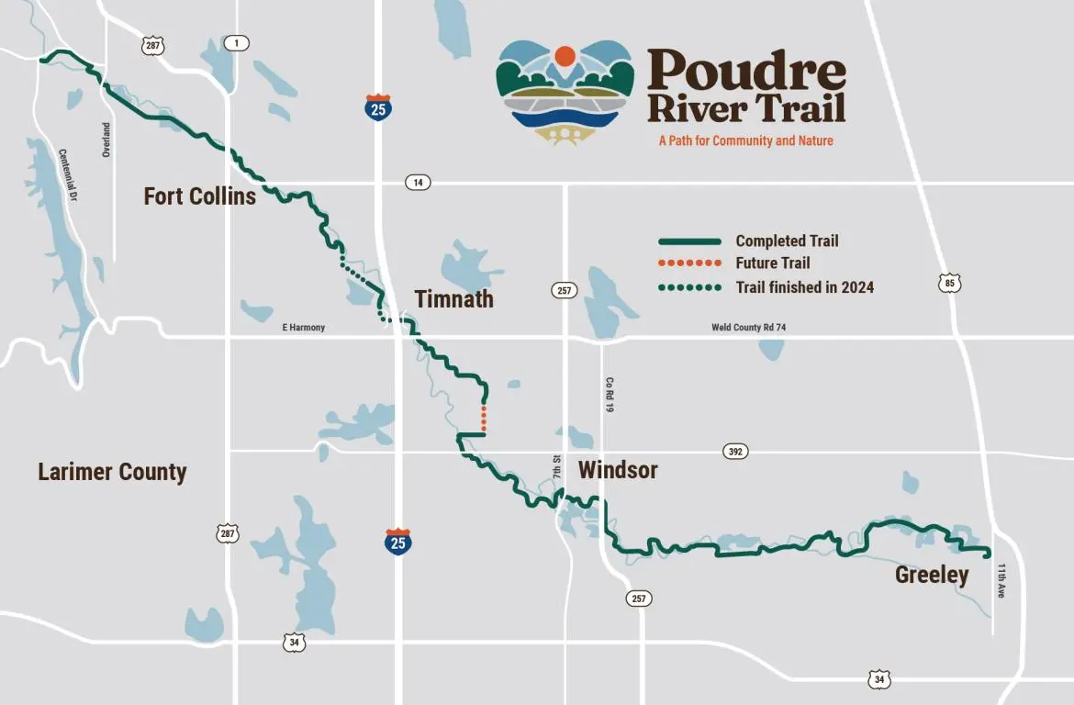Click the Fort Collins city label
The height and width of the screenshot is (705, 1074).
[x=199, y=196]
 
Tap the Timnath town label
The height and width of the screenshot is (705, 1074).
[x=453, y=299]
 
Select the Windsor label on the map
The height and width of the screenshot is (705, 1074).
[x=618, y=470]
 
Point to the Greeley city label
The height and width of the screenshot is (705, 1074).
[x=932, y=576]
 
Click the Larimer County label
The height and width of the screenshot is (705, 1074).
[x=112, y=472]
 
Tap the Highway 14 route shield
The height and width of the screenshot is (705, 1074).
[x=418, y=183]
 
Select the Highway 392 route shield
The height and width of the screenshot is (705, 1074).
[x=735, y=452]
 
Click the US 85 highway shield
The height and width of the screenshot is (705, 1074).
[x=950, y=284]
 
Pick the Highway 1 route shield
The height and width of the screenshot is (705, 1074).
[x=236, y=43]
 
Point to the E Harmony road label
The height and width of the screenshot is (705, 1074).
[x=303, y=328]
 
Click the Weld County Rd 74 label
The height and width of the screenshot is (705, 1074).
[x=749, y=328]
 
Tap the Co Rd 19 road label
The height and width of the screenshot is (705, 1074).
[x=609, y=395]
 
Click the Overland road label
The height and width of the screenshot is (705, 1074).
[x=106, y=140]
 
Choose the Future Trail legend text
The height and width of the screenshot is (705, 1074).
[x=773, y=263]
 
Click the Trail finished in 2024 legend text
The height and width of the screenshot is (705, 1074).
[x=805, y=287]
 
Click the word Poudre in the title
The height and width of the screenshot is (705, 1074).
[x=746, y=70]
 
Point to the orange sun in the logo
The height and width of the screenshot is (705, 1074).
[x=565, y=55]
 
